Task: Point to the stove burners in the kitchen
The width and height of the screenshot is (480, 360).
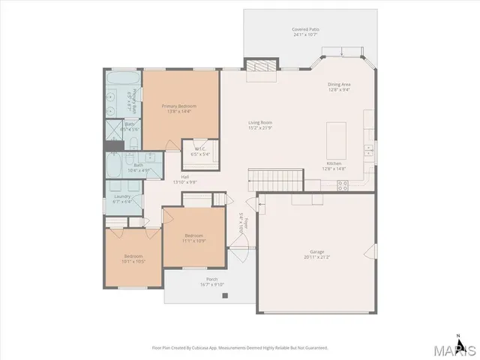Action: pos(342,186)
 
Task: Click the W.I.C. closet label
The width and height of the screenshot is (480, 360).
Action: pos(201,148)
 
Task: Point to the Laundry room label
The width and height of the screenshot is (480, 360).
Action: pos(121,198)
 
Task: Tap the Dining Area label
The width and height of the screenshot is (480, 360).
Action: pos(339,85)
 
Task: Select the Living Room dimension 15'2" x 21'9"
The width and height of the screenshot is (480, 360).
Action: pos(260,127)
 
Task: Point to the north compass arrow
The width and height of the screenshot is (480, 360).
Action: pos(457,335)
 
